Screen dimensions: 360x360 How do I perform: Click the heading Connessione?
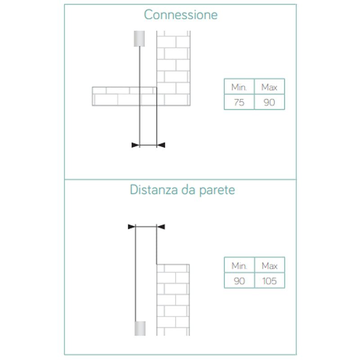[x=181, y=15]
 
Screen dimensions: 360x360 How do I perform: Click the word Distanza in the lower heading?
[x=154, y=189]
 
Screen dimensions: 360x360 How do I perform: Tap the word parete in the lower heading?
[x=217, y=190]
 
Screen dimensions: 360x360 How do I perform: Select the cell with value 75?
[x=239, y=102]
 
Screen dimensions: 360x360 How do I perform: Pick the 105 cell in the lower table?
[x=270, y=281]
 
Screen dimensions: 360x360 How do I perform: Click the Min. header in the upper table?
[x=239, y=87]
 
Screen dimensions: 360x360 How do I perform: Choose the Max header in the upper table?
[x=269, y=87]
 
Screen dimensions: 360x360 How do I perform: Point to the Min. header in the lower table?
[x=239, y=265]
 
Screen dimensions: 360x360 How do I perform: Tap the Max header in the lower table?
[x=270, y=265]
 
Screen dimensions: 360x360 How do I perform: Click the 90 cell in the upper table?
[x=269, y=102]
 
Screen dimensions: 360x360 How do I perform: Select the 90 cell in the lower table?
[x=239, y=281]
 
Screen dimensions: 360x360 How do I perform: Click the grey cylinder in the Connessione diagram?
[x=139, y=39]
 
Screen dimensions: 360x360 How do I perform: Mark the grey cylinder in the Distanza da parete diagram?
[x=140, y=328]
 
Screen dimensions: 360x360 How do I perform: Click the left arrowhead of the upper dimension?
[x=135, y=145]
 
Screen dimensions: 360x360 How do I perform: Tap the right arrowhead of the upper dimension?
[x=161, y=145]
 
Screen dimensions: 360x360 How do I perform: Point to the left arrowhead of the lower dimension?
[x=132, y=227]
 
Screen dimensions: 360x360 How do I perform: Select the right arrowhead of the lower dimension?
[x=161, y=227]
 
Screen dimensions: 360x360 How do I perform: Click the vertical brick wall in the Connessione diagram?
[x=174, y=68]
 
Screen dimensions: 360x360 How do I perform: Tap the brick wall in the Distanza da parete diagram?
[x=173, y=300]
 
